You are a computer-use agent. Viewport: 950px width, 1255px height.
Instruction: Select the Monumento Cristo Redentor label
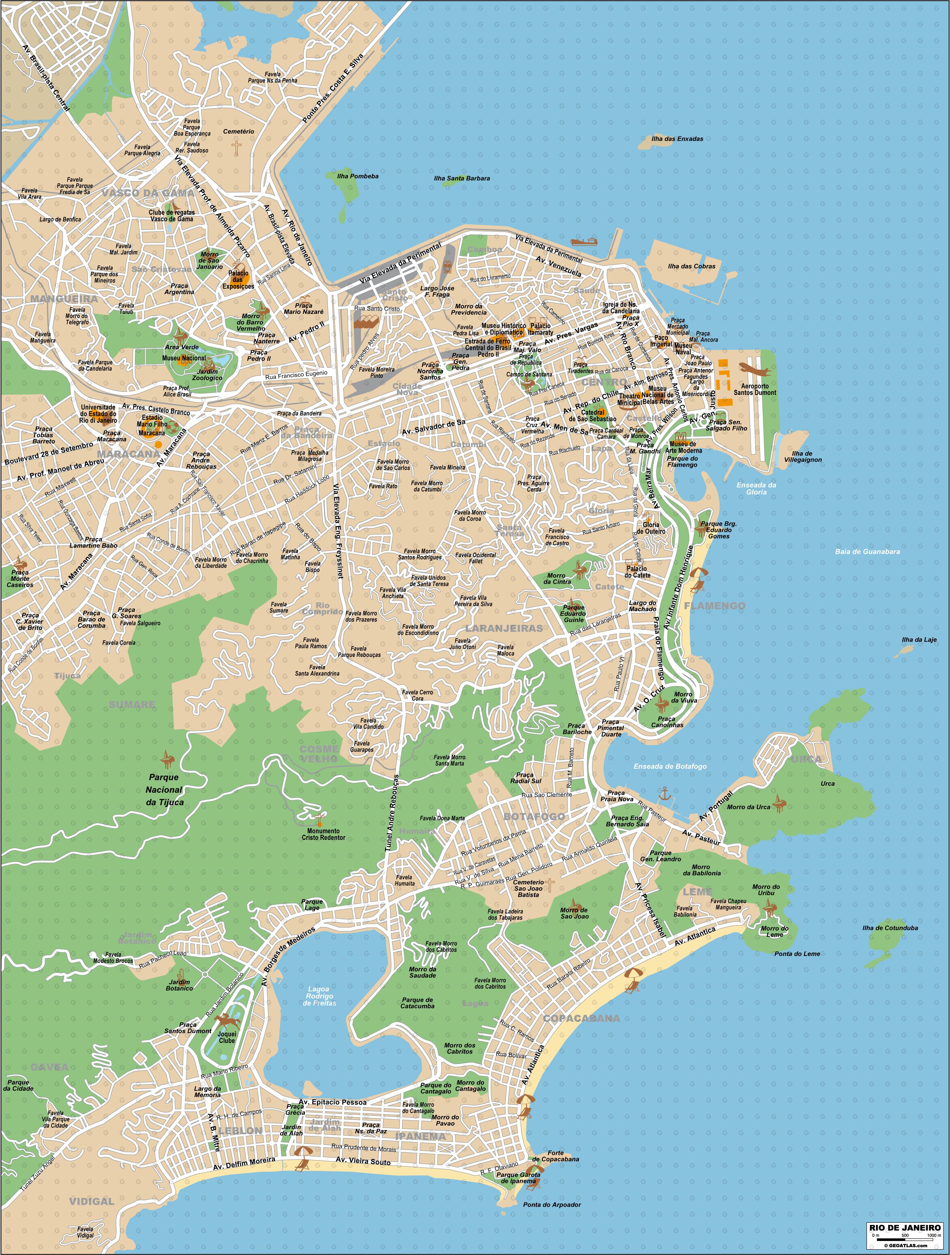point(323,834)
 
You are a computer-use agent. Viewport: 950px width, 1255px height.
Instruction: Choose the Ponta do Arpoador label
point(552,1204)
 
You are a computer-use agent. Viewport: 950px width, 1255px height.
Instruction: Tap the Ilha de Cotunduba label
point(890,928)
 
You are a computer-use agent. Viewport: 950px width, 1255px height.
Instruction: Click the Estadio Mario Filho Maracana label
point(152,425)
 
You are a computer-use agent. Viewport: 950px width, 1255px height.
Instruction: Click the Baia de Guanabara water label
point(867,552)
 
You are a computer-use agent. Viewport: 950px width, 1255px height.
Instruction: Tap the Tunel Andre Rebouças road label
point(391,812)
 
